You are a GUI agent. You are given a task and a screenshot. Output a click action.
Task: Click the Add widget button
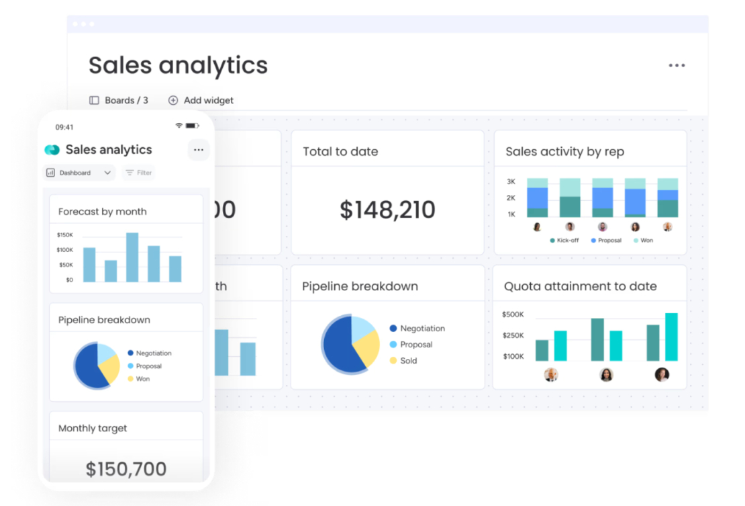click(x=201, y=100)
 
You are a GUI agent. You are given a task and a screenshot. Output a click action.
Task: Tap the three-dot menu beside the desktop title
click(x=677, y=65)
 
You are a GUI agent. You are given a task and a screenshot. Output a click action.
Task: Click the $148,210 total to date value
click(x=387, y=210)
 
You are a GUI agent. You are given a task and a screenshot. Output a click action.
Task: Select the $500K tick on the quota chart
click(x=513, y=314)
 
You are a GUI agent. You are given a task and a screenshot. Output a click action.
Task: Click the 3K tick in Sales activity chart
click(x=511, y=181)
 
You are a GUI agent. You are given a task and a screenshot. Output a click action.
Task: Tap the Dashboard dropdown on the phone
click(x=79, y=173)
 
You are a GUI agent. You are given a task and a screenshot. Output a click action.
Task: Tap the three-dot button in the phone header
click(x=198, y=150)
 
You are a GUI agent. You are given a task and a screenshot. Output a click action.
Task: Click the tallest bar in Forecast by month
click(x=132, y=257)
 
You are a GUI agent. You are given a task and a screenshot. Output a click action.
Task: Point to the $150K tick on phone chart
click(x=65, y=235)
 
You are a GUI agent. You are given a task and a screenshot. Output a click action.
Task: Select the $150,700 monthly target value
click(x=126, y=468)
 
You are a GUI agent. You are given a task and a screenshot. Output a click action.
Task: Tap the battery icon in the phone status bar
click(x=192, y=126)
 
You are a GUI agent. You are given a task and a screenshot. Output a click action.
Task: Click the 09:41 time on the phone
click(x=64, y=127)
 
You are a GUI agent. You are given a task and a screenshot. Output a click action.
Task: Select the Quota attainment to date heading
click(x=580, y=286)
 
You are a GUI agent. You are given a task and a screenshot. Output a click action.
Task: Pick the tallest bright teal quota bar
click(x=671, y=337)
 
